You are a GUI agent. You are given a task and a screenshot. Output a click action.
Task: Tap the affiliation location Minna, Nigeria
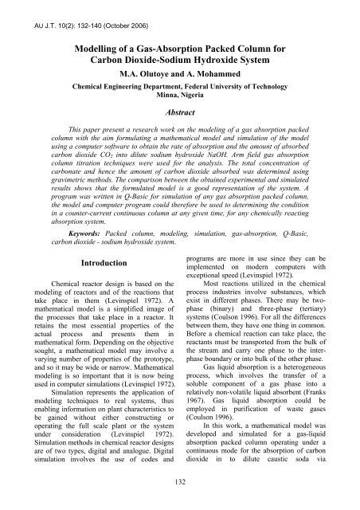[x=179, y=94]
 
